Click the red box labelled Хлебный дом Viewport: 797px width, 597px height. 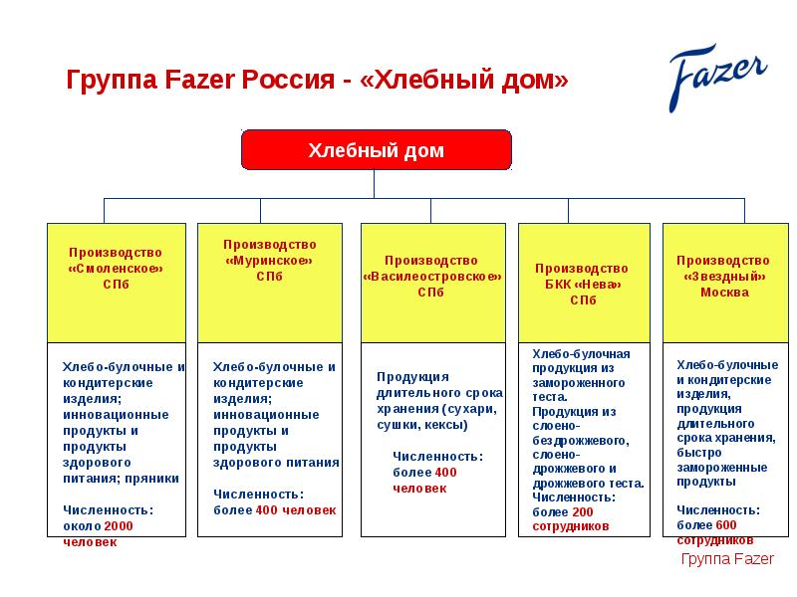pos(376,150)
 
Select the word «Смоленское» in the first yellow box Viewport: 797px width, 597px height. pos(116,269)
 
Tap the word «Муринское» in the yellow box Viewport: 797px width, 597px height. pos(268,260)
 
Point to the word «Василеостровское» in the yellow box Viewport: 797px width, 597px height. pos(431,276)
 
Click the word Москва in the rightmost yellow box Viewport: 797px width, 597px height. pos(723,293)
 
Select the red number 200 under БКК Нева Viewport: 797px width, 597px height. pos(581,511)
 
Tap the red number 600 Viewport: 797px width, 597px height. pos(725,524)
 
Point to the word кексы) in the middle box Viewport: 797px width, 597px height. pos(444,424)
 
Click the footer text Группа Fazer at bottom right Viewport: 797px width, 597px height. pos(726,559)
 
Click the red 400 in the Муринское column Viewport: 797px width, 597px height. pos(266,509)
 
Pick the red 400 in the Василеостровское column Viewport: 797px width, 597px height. pos(445,472)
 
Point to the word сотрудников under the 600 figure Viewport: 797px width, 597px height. pos(714,539)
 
